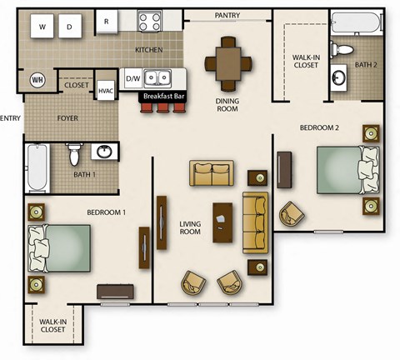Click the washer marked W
[x=42, y=27]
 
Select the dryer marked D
[x=70, y=27]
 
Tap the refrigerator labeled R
[x=106, y=22]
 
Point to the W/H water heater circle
[x=37, y=79]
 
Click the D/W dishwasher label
[x=132, y=79]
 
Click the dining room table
[x=228, y=59]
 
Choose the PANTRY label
[x=227, y=15]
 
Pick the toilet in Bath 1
[x=74, y=153]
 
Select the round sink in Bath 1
[x=105, y=152]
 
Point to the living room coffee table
[x=222, y=222]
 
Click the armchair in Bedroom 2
[x=292, y=213]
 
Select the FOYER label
[x=67, y=118]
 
